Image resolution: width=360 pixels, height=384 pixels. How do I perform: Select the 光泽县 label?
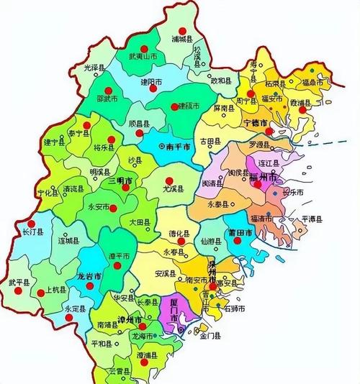tap(94, 67)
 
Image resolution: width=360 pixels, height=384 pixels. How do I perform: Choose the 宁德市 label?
tap(256, 123)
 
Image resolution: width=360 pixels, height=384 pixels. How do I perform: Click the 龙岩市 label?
tap(89, 275)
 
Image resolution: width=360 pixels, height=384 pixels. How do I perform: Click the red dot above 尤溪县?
tap(169, 180)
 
